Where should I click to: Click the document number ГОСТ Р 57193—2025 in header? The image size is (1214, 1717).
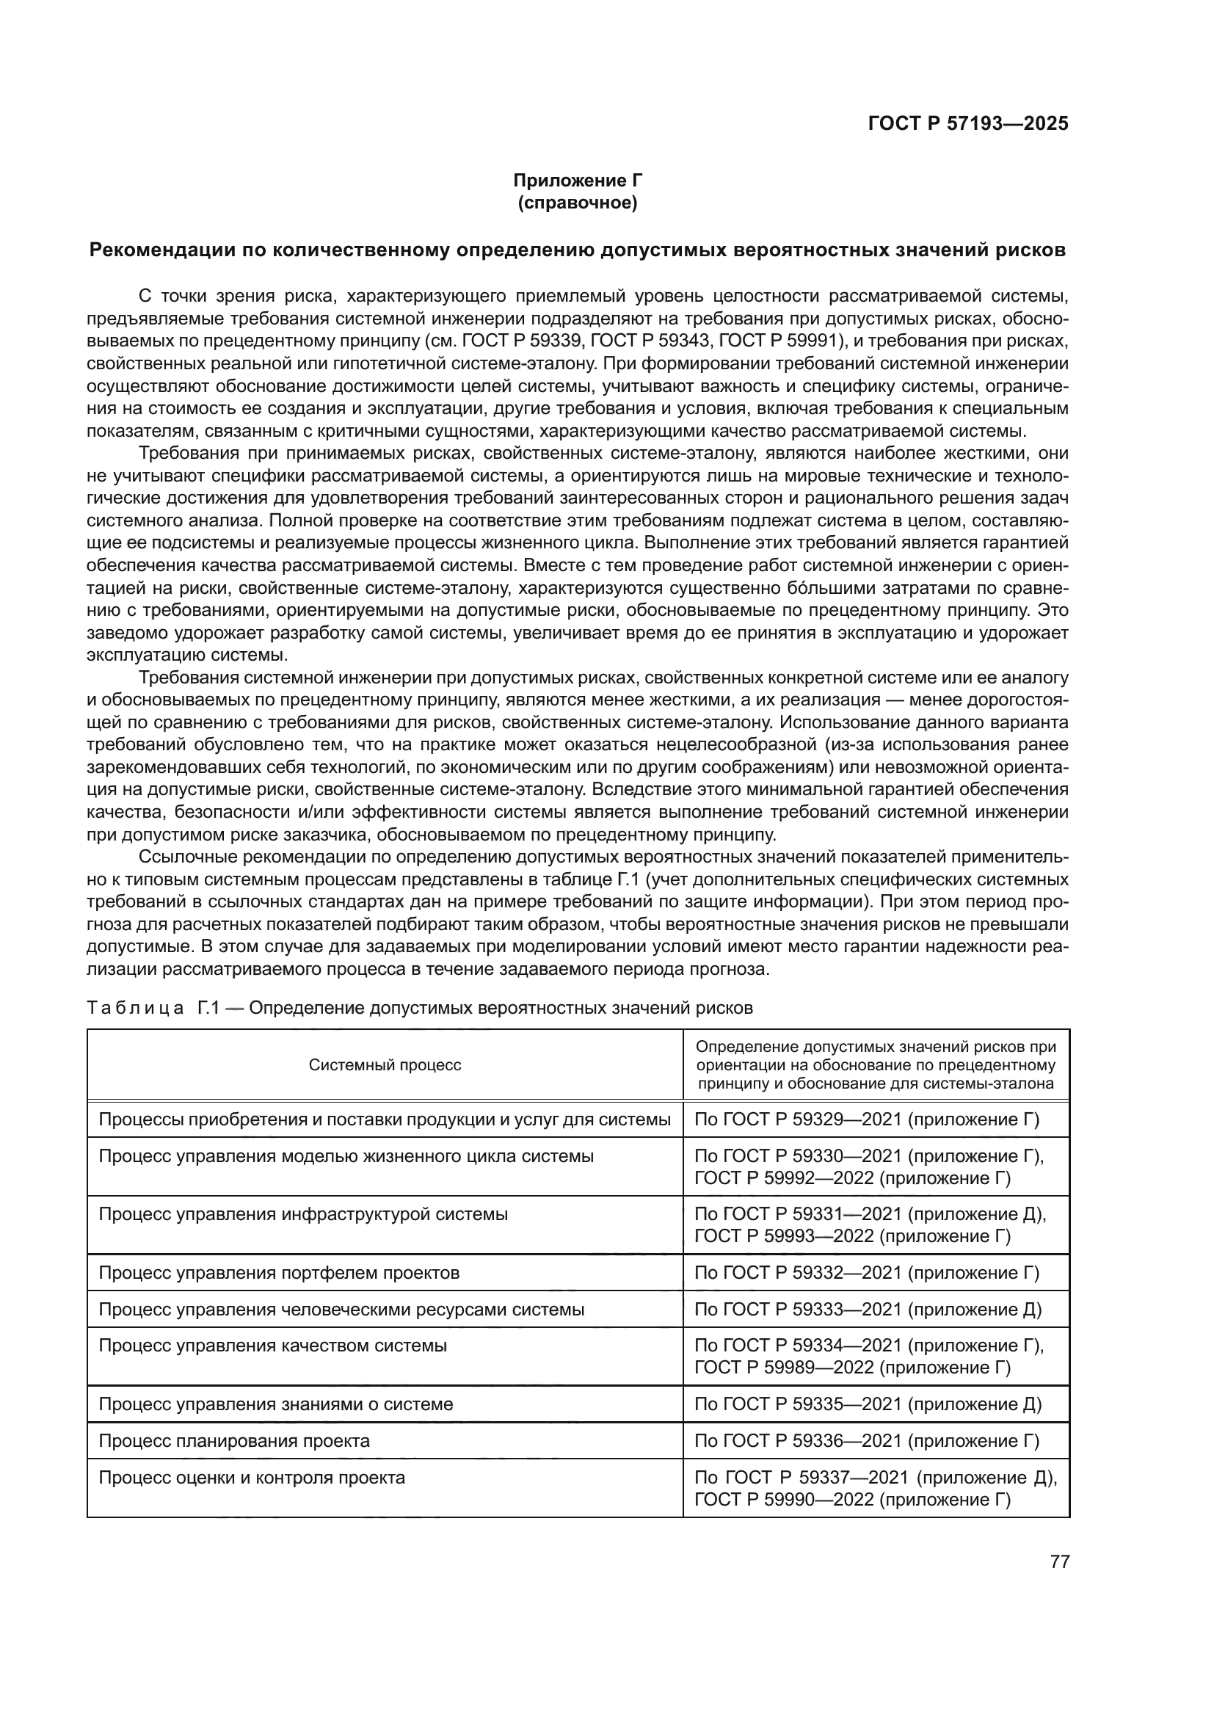coord(967,124)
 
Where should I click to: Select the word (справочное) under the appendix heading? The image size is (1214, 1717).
coord(577,203)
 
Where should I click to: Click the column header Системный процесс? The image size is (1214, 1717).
coord(385,1065)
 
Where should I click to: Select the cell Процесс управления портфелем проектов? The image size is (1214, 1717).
coord(279,1273)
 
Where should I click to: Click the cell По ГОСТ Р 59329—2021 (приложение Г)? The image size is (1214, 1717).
coord(867,1119)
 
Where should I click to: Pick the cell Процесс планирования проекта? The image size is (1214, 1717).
coord(234,1441)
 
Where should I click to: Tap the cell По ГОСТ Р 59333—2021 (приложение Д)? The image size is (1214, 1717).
coord(868,1310)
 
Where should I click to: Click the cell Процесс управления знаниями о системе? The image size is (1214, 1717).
coord(276,1404)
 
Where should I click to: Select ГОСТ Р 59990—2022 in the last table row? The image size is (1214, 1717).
coord(784,1500)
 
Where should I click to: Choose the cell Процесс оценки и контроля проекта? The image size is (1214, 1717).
coord(252,1478)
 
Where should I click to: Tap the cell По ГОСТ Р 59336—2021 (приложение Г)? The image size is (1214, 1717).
coord(867,1441)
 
